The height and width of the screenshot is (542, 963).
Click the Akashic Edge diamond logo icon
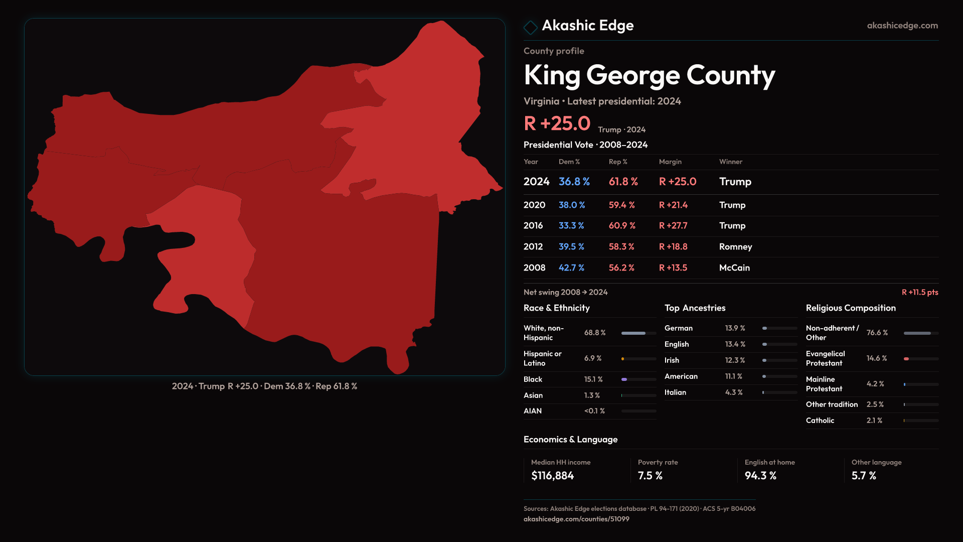coord(530,27)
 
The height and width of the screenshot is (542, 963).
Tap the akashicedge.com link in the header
coord(902,26)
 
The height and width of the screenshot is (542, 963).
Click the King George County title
coord(649,75)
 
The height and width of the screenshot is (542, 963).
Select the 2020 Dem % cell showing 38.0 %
coord(572,205)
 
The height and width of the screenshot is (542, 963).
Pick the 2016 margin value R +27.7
coord(673,226)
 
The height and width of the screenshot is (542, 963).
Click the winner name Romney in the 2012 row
coord(735,247)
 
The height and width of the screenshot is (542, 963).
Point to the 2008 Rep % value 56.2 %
coord(621,268)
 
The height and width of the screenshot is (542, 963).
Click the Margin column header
coord(670,162)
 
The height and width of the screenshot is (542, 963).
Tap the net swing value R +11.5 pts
coord(920,292)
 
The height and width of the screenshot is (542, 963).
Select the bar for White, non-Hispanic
coord(638,333)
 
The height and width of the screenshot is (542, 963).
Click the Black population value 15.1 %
coord(593,379)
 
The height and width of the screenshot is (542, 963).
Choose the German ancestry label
coord(679,328)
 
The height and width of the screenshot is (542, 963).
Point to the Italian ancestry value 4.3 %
coord(734,392)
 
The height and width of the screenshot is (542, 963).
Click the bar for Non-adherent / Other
coord(921,333)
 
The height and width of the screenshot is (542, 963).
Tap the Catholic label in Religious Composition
coord(820,421)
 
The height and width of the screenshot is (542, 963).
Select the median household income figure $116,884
coord(552,476)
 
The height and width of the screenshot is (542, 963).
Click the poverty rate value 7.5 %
coord(650,476)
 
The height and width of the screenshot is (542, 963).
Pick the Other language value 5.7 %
coord(864,476)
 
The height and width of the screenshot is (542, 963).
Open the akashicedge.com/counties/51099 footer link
coord(576,519)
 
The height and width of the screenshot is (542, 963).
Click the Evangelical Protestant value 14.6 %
coord(877,358)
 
